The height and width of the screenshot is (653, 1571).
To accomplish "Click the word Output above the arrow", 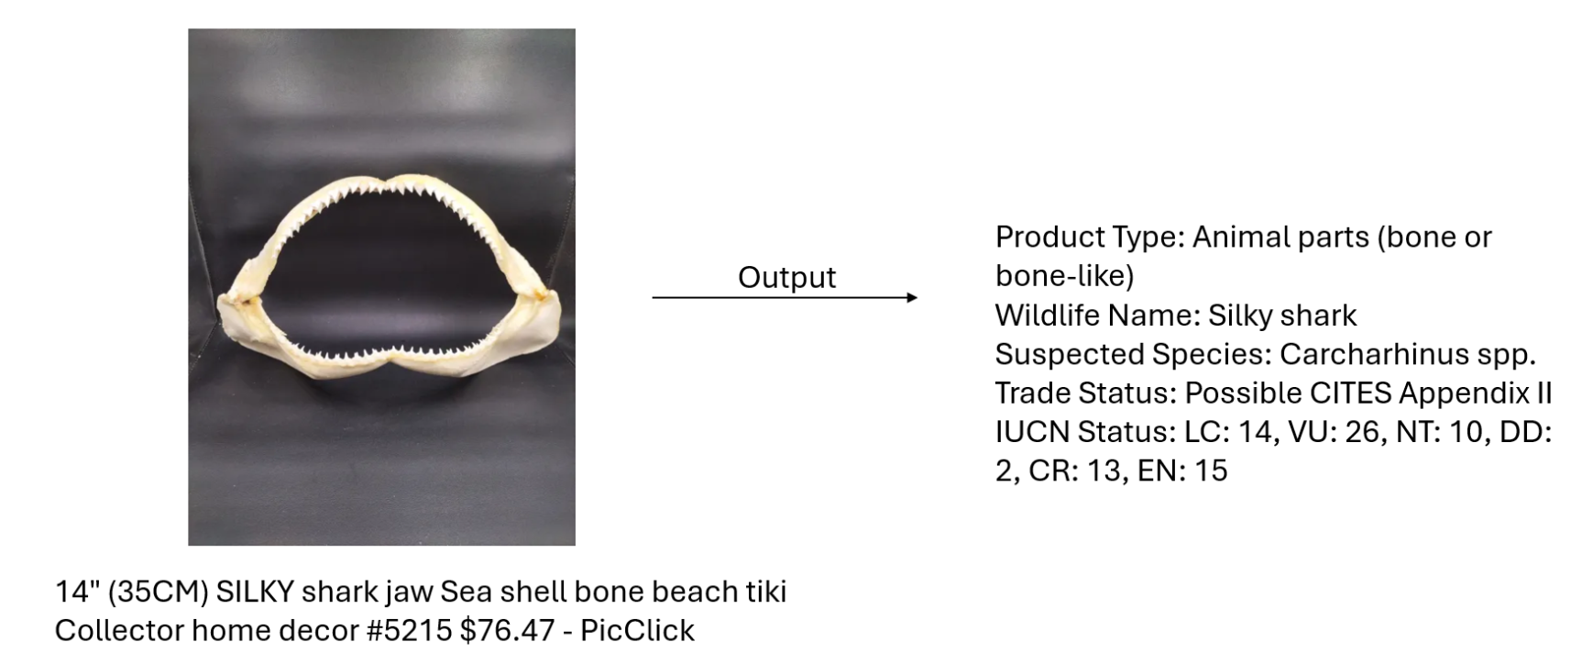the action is tap(786, 278).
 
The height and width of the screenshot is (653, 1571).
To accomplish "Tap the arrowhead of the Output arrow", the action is tap(912, 297).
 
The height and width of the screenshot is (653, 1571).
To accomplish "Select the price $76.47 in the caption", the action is tap(507, 630).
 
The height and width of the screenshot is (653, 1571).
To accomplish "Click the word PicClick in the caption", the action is tap(637, 630).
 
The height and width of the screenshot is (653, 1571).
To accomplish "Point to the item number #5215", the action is tap(409, 630).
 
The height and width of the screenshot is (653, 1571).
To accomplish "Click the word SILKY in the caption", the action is tap(255, 592).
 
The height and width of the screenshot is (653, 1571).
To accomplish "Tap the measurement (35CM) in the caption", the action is tap(158, 592).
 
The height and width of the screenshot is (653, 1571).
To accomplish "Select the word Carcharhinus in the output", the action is tap(1376, 354).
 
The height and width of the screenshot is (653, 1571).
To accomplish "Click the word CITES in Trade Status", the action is tap(1351, 393).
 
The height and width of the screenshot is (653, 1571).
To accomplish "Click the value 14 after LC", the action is tap(1255, 432).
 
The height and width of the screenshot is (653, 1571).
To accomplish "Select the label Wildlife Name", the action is tap(1098, 315).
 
